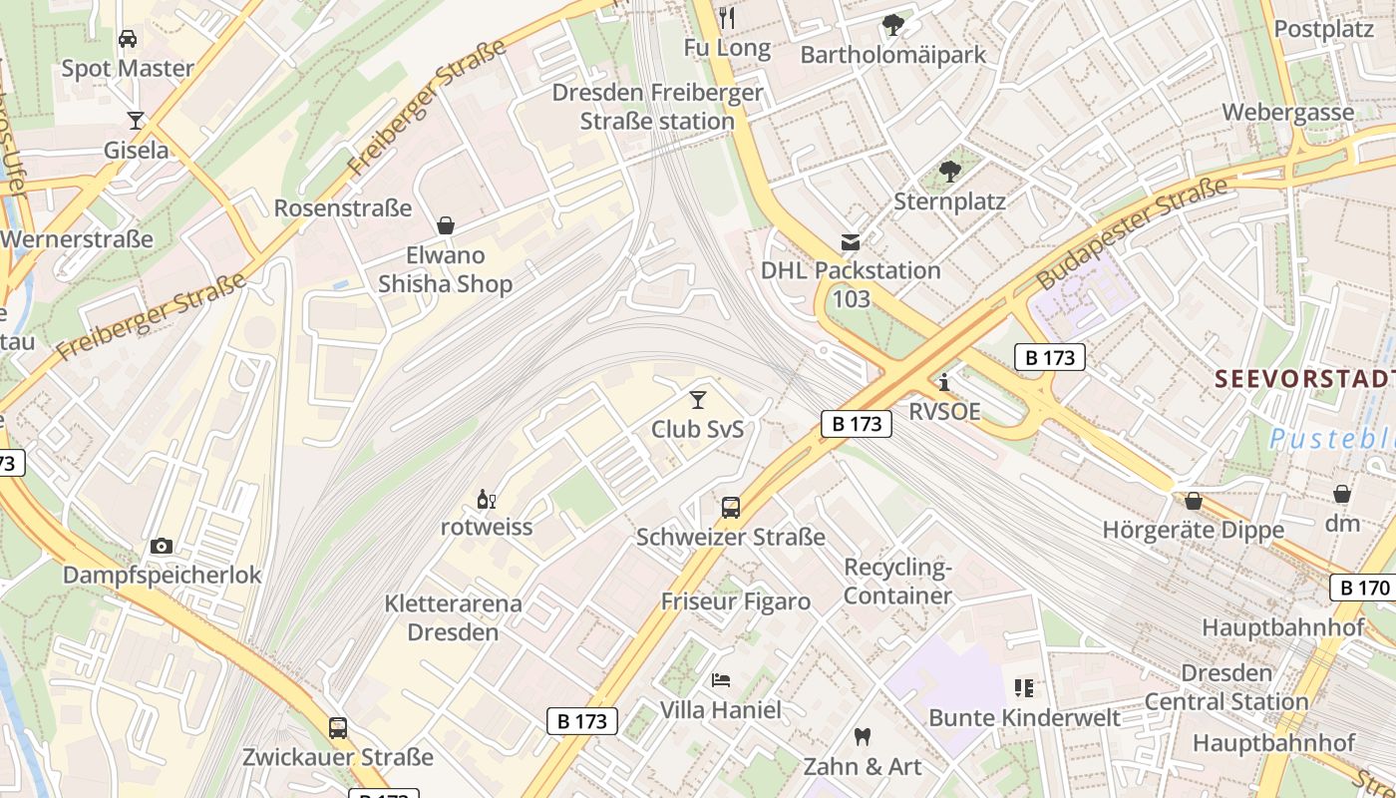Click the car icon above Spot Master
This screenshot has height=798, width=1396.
point(128,39)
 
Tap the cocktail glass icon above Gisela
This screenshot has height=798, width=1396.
point(136,121)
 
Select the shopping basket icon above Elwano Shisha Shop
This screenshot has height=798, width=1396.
point(446,226)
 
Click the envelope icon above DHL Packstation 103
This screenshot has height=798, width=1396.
point(851,241)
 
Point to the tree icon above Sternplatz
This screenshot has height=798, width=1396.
point(950,172)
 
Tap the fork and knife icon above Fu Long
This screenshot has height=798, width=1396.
point(727,17)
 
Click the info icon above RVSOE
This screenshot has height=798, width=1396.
point(943,382)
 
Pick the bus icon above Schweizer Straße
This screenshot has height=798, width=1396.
point(731,508)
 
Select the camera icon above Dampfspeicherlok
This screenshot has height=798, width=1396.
point(162,546)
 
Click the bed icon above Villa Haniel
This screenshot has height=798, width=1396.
point(721,680)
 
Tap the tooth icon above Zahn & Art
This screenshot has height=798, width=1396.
point(863,737)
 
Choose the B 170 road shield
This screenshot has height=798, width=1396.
point(1362,588)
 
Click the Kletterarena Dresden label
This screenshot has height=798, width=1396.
point(453,617)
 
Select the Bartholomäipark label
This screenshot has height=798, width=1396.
point(893,55)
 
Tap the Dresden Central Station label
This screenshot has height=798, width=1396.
point(1226,687)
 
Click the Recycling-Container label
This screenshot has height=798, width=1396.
point(898,582)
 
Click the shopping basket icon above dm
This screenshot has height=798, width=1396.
point(1342,494)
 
